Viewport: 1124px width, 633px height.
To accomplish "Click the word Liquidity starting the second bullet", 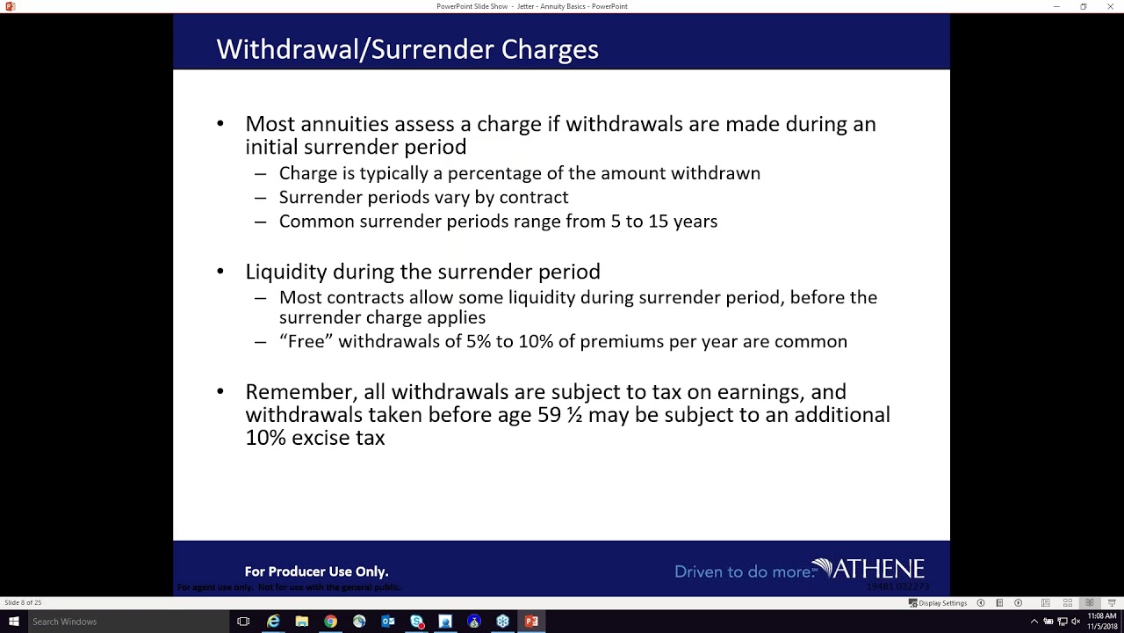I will point(286,272).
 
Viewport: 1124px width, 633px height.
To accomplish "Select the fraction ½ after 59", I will point(574,415).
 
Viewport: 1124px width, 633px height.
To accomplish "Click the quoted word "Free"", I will point(306,341).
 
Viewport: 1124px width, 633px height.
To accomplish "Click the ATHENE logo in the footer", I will point(869,570).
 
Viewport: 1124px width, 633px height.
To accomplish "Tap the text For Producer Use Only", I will point(316,571).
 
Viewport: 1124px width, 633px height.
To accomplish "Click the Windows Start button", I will point(13,622).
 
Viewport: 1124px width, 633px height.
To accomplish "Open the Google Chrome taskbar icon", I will point(330,622).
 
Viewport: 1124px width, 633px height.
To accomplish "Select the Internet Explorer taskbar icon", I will point(273,622).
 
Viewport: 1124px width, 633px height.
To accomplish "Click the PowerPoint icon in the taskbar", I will point(531,622).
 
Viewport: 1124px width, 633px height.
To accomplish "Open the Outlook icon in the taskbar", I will point(388,622).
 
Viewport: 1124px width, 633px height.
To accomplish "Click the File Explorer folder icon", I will point(302,622).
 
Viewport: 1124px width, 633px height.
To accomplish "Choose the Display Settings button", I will point(938,603).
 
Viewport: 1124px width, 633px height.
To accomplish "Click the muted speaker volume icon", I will point(1076,622).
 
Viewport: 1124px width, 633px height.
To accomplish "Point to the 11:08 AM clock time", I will point(1102,616).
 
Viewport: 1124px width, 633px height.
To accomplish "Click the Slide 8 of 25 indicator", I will point(23,603).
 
